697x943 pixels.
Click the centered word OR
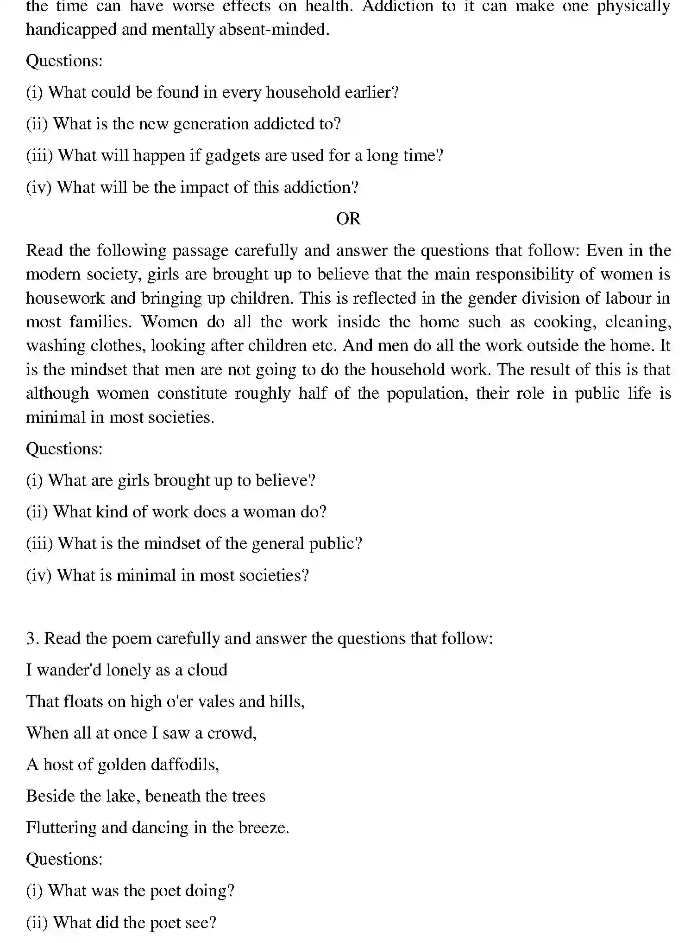[348, 219]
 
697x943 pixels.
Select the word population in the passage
[427, 394]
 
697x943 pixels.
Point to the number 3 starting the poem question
[31, 638]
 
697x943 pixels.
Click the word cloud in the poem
[207, 670]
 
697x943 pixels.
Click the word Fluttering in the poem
[61, 828]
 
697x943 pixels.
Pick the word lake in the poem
[122, 796]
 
